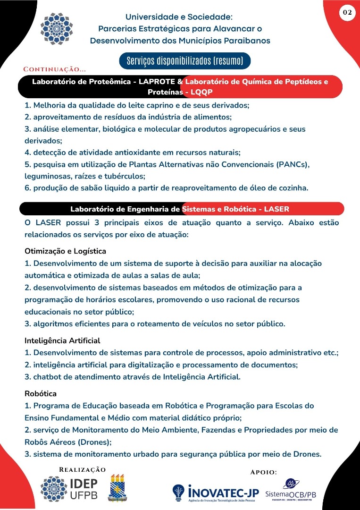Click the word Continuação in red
click(x=55, y=69)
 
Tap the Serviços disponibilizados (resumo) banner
click(x=184, y=61)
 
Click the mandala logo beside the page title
click(x=57, y=28)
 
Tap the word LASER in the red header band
click(x=276, y=209)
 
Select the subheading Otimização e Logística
click(x=65, y=251)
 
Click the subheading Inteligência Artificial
click(x=62, y=340)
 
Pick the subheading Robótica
click(x=41, y=393)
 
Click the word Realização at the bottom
click(x=82, y=469)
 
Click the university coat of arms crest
click(x=118, y=489)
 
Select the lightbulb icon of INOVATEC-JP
click(x=178, y=493)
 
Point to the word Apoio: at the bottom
click(x=263, y=472)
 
